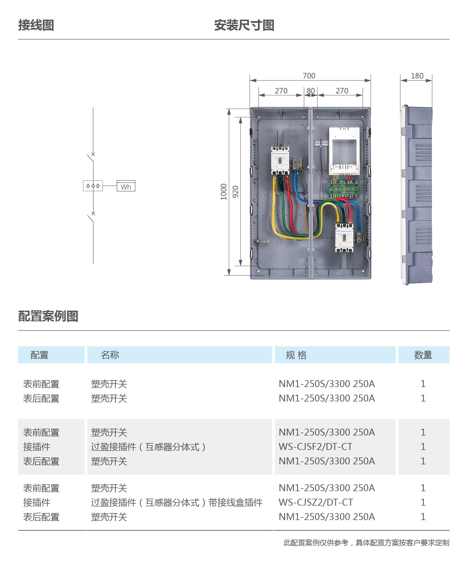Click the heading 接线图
(36, 25)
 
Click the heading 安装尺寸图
(244, 25)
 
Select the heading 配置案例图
(48, 316)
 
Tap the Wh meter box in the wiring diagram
(126, 186)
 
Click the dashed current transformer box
(93, 186)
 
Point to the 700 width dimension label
(309, 76)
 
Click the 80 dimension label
(311, 91)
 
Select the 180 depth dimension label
(417, 76)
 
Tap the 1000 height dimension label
(224, 192)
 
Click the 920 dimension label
(236, 192)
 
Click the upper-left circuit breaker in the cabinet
(280, 160)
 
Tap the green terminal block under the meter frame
(344, 189)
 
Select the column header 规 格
(296, 355)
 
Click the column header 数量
(423, 355)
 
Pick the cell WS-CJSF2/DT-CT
(315, 447)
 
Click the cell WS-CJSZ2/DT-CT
(316, 502)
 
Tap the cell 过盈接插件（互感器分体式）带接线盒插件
(177, 502)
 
